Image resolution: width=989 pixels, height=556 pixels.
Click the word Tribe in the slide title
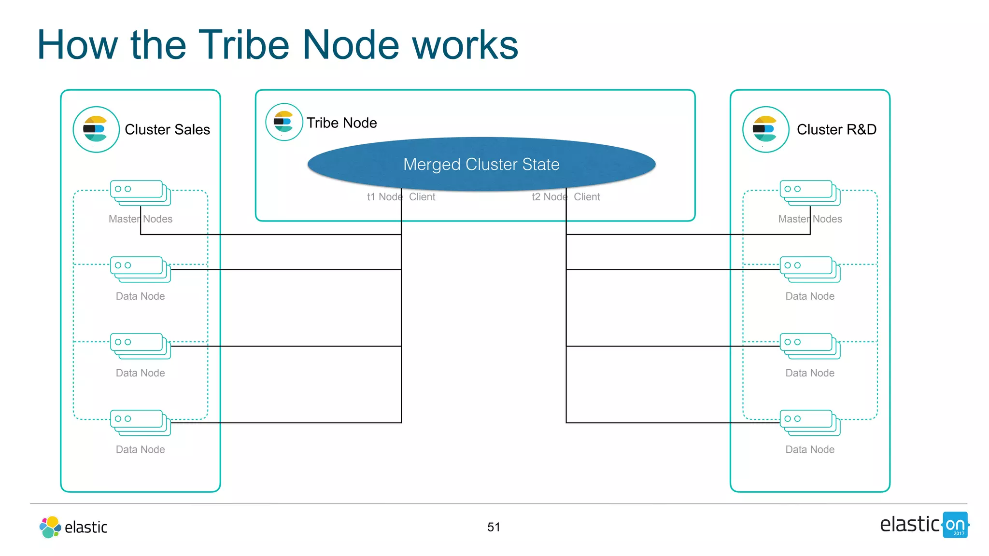244,45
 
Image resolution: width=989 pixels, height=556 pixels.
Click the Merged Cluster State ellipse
481,164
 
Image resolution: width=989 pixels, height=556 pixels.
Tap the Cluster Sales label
167,129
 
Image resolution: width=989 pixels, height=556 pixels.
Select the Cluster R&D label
836,129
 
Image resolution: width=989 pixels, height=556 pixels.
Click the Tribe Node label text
341,123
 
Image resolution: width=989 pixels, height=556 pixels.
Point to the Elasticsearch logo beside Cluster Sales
96,129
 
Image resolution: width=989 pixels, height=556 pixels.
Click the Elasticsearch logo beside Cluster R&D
765,129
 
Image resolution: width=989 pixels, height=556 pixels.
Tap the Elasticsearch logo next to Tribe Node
284,122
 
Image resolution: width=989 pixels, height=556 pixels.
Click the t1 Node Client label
401,197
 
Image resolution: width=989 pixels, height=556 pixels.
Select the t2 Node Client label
565,197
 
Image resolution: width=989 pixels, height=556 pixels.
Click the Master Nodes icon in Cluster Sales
140,193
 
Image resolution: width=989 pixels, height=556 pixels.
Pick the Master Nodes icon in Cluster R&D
810,193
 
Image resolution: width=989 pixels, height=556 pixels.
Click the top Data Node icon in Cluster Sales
140,269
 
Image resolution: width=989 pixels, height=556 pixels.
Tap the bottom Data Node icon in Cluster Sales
140,422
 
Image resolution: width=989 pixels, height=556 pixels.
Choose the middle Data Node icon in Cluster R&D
810,346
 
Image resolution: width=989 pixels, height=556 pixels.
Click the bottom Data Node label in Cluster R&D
810,449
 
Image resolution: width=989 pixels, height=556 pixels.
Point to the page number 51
494,527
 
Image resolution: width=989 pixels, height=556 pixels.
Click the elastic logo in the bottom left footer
73,527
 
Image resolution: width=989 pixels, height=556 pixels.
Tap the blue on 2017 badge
955,525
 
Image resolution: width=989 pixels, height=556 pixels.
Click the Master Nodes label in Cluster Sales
140,219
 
